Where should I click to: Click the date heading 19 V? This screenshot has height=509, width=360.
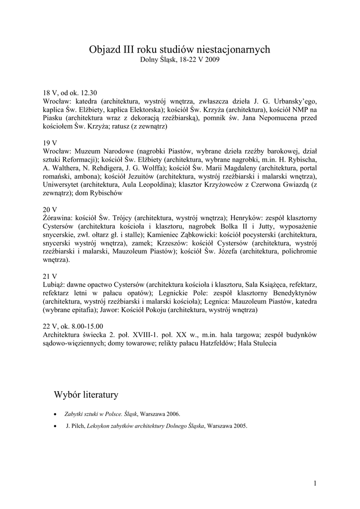pos(50,143)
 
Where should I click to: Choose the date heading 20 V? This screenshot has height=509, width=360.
pos(50,210)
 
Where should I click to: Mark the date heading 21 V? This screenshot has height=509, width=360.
pos(50,276)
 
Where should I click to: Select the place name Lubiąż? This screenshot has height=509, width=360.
pos(53,285)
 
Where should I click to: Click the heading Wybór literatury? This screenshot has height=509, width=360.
pos(86,395)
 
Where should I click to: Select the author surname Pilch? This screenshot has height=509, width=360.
pos(78,426)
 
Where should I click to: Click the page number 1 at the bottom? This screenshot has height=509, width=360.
pos(315,483)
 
